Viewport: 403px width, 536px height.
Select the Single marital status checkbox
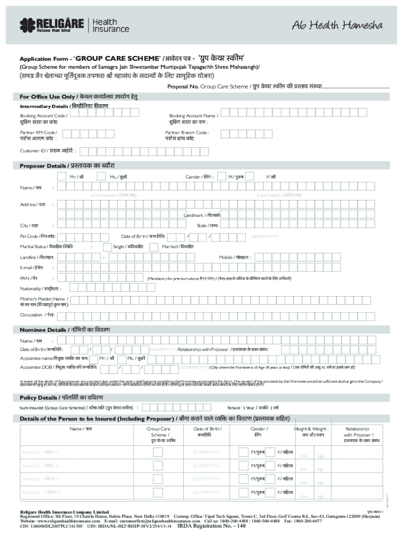(107, 246)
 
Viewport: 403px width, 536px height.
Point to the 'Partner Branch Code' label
(187, 132)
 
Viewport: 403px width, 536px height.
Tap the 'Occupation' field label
(37, 315)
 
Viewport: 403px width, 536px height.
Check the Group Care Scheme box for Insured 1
(158, 452)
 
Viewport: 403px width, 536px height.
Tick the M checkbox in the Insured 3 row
(243, 479)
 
